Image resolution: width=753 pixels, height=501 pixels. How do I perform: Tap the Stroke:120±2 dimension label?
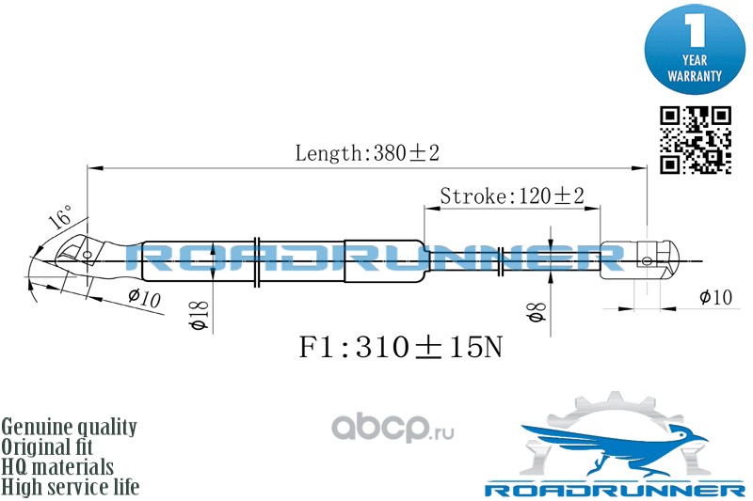(x=512, y=196)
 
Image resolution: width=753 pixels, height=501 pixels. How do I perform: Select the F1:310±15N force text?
(x=401, y=348)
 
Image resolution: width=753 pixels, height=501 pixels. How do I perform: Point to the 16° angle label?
(x=59, y=220)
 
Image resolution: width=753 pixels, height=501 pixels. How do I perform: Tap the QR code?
(x=696, y=140)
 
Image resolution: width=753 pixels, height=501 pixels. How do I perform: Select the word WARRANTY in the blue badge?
(x=695, y=74)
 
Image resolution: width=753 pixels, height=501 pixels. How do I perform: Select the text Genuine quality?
(x=70, y=427)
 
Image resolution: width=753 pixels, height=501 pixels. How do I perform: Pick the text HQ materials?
(x=58, y=467)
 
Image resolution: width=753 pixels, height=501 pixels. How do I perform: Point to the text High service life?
(x=71, y=487)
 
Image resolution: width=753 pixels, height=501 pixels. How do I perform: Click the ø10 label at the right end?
(x=715, y=298)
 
